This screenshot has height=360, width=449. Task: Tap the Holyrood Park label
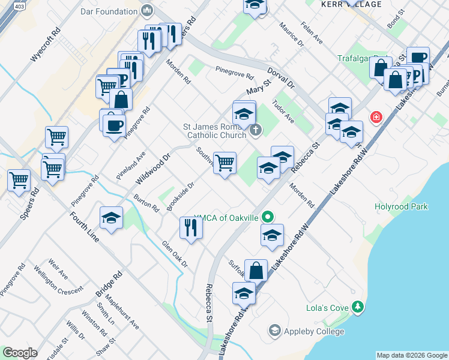[401, 207]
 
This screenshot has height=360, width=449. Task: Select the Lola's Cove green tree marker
[358, 308]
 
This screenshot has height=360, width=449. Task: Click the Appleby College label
[315, 331]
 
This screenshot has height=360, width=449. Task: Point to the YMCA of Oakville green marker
[269, 217]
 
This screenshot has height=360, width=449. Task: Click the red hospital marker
[376, 116]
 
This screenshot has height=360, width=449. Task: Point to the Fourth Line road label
[84, 227]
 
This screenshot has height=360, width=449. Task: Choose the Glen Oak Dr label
[175, 254]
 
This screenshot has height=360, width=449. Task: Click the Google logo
[20, 353]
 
